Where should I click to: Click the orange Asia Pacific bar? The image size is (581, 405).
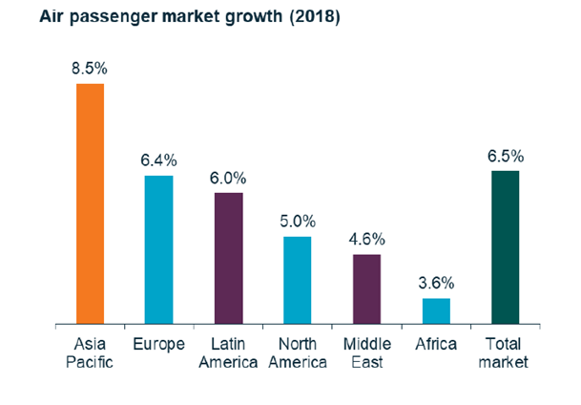pyautogui.click(x=91, y=204)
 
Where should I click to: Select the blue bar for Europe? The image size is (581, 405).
pyautogui.click(x=159, y=250)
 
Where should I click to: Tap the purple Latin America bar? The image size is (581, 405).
pyautogui.click(x=229, y=259)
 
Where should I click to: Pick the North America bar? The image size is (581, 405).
pyautogui.click(x=298, y=281)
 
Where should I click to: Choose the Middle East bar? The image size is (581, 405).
pyautogui.click(x=367, y=289)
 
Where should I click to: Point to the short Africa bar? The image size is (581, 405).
pyautogui.click(x=436, y=311)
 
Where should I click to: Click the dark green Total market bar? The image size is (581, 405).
pyautogui.click(x=506, y=248)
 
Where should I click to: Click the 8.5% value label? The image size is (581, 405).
pyautogui.click(x=91, y=70)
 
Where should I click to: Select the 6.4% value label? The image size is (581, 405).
pyautogui.click(x=159, y=160)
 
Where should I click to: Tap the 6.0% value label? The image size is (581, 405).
pyautogui.click(x=229, y=178)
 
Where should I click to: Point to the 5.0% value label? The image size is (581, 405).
pyautogui.click(x=298, y=222)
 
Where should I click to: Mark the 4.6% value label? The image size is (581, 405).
pyautogui.click(x=367, y=240)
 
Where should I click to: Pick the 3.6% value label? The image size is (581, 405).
pyautogui.click(x=436, y=284)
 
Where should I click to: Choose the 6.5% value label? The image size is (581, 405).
pyautogui.click(x=506, y=157)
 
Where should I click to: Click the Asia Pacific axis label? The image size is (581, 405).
pyautogui.click(x=91, y=352)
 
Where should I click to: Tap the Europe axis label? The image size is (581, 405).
pyautogui.click(x=159, y=344)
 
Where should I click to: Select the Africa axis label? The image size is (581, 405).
pyautogui.click(x=436, y=344)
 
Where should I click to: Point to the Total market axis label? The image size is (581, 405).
pyautogui.click(x=506, y=352)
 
